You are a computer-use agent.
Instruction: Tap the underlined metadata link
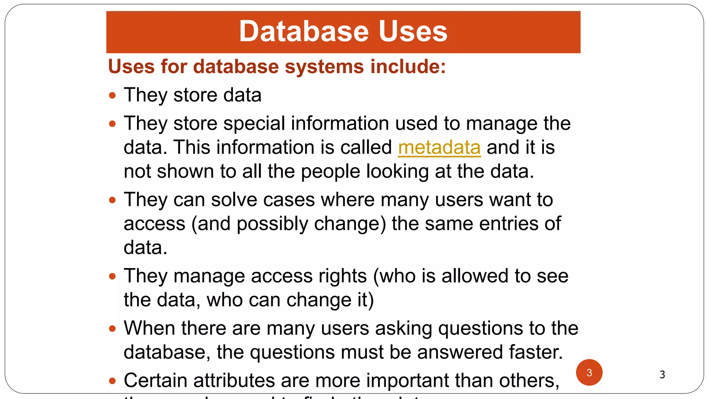439,148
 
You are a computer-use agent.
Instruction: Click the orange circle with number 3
589,372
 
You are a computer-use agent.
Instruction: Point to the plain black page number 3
662,374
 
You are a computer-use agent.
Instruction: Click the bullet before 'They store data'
112,95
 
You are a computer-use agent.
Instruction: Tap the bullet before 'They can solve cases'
112,200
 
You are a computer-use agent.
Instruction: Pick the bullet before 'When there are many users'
112,328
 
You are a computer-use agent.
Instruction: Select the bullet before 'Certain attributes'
112,381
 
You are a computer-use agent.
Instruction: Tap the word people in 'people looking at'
330,172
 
